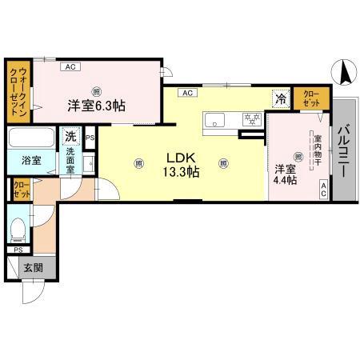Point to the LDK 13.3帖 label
coord(183,164)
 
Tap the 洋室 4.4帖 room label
coord(286,174)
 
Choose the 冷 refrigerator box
coord(281,99)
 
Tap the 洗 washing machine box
coord(72,136)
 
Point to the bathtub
coord(31,138)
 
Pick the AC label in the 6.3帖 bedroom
coord(71,66)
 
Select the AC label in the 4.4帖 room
coord(323,189)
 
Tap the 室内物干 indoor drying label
coord(318,150)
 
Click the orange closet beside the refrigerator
coord(308,98)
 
